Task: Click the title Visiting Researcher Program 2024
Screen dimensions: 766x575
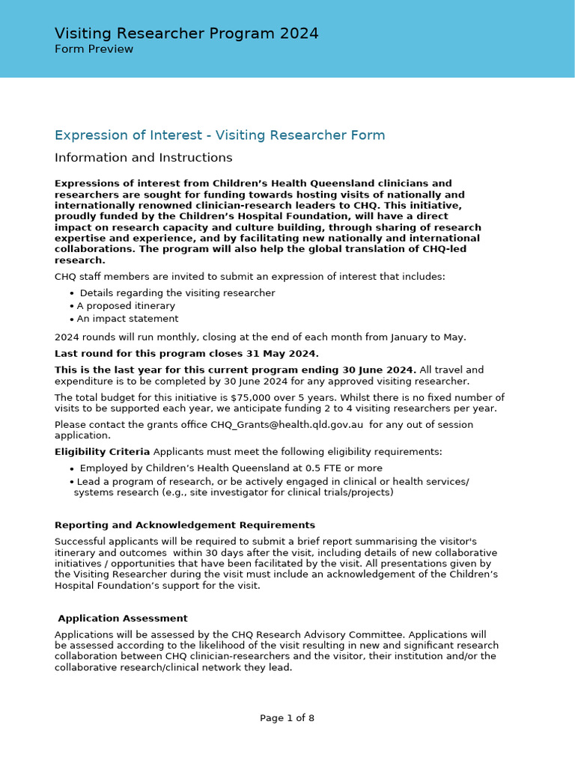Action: tap(186, 34)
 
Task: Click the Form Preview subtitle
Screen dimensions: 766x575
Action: tap(94, 49)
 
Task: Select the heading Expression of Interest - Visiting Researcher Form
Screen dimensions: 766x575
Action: tap(219, 135)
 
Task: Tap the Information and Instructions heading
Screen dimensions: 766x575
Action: tap(143, 158)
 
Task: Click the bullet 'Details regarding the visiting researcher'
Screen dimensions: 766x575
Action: tap(177, 293)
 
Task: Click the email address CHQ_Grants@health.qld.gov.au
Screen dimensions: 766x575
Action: tap(287, 425)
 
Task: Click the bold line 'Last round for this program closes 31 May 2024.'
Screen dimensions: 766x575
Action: tap(186, 354)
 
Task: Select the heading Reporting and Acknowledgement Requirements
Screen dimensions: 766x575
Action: tap(184, 525)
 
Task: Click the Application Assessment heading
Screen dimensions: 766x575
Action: tap(122, 619)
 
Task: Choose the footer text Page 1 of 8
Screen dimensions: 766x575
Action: tap(287, 718)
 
